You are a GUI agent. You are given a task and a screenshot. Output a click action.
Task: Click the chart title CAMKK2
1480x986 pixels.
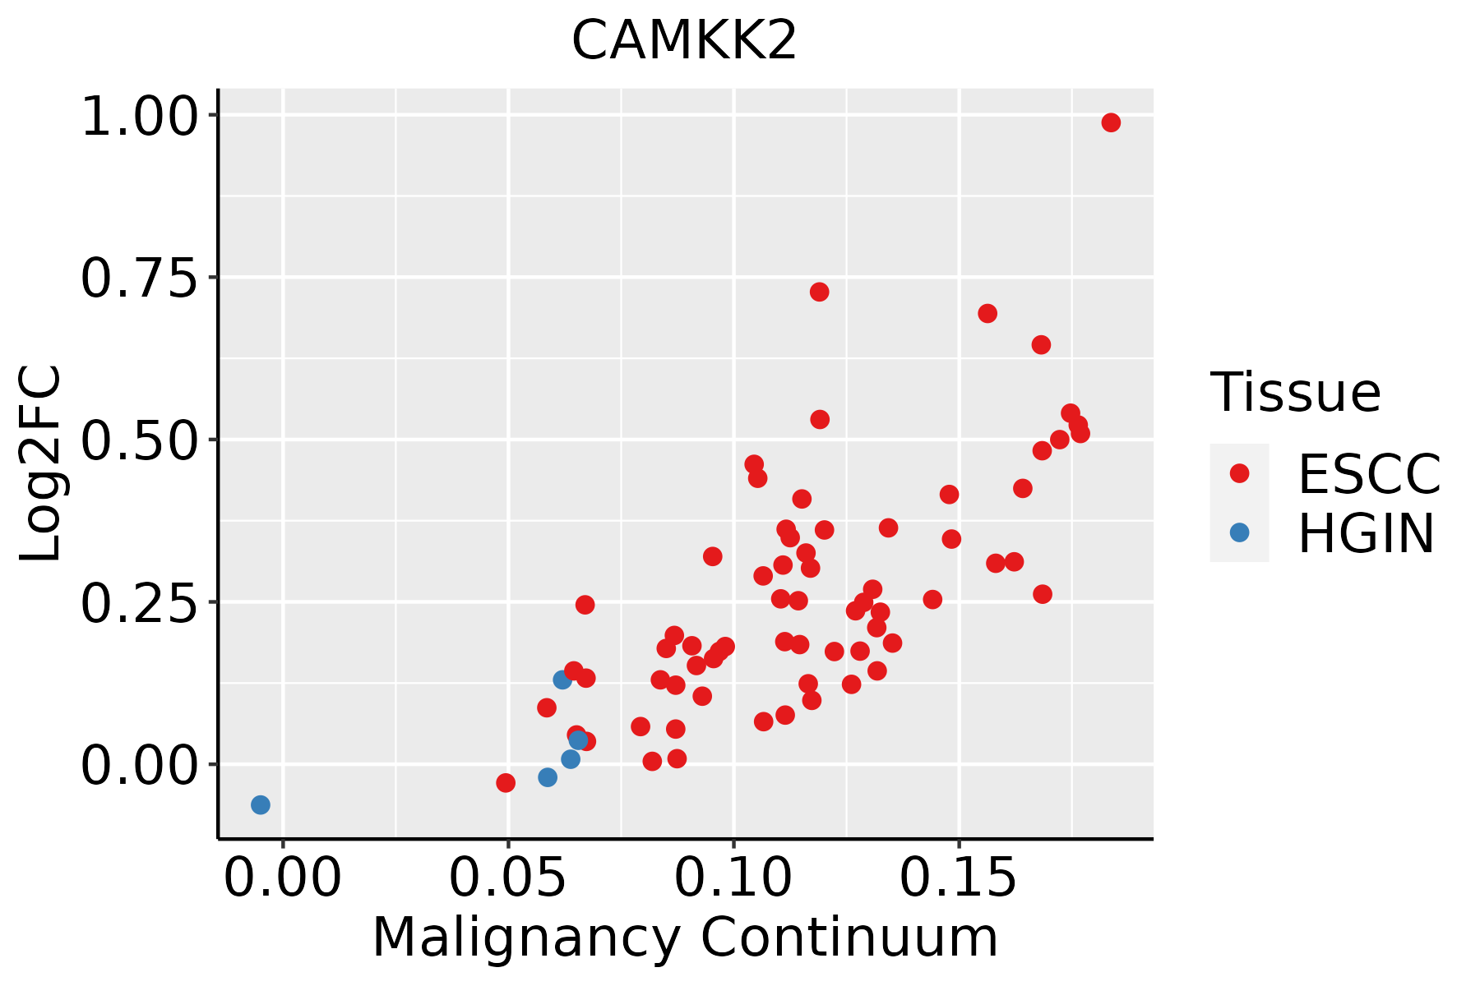point(684,40)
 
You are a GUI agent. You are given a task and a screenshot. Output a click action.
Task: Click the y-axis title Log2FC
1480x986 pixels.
point(41,463)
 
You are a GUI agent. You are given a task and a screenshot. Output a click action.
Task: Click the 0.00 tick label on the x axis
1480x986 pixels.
point(283,878)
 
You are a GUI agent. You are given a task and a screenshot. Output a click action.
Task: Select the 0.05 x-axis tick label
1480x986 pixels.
point(508,878)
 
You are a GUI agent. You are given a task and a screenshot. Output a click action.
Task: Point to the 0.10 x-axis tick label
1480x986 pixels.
point(733,878)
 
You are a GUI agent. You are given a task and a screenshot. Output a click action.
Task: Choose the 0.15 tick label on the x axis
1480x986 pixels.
point(959,878)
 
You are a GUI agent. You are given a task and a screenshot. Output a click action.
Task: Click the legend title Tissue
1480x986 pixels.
point(1296,392)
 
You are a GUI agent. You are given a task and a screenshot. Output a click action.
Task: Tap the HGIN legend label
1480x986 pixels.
point(1367,533)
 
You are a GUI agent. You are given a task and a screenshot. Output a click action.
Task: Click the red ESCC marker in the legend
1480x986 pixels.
point(1239,473)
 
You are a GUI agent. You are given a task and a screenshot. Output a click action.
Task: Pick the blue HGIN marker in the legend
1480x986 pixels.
point(1239,532)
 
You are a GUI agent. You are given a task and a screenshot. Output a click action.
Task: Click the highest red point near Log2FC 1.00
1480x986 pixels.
point(1111,122)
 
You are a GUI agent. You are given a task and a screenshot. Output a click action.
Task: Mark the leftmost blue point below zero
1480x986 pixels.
point(261,805)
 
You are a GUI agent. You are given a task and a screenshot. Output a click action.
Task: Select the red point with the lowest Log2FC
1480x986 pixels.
point(506,783)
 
